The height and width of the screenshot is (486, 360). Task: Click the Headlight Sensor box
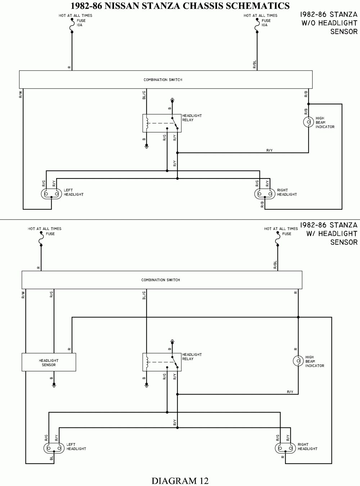(x=49, y=362)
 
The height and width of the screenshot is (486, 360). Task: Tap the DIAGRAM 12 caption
(x=180, y=481)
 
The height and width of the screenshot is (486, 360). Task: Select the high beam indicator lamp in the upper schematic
(x=308, y=122)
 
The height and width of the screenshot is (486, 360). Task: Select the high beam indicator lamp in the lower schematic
(x=298, y=361)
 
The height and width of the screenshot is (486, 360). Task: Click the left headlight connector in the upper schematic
(x=51, y=194)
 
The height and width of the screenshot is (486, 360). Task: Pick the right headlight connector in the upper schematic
(x=265, y=194)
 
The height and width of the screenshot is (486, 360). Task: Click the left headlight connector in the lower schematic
(x=54, y=448)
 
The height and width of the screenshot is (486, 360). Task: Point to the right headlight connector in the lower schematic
(x=285, y=448)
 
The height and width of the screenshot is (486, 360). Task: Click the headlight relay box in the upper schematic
(x=162, y=123)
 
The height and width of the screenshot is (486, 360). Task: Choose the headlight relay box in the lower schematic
(x=162, y=362)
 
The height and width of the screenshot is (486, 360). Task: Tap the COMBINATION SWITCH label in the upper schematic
(x=163, y=80)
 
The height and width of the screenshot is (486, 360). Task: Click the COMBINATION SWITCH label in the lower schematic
(x=161, y=280)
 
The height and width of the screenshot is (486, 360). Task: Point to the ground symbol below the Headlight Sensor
(x=54, y=386)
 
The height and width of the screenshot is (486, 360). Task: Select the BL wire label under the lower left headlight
(x=51, y=459)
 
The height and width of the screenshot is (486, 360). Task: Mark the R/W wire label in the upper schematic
(x=21, y=94)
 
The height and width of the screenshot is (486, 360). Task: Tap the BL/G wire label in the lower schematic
(x=144, y=295)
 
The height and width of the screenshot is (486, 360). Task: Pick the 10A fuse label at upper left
(x=80, y=25)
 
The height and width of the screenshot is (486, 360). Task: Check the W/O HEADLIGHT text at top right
(x=329, y=23)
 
